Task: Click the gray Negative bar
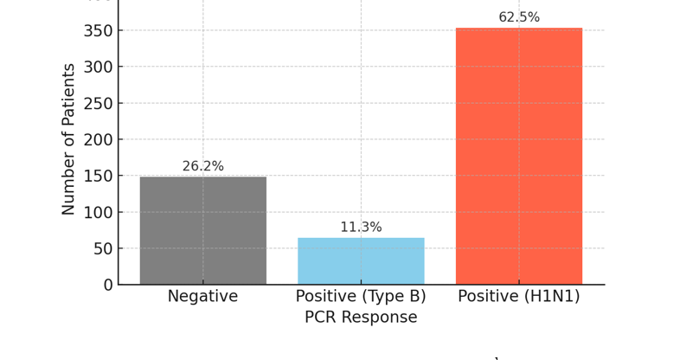[203, 230]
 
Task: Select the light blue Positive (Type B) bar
[361, 260]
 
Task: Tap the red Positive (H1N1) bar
[519, 156]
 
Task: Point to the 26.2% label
[203, 166]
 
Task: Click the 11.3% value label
[361, 228]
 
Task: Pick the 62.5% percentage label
[519, 17]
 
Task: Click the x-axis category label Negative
[203, 297]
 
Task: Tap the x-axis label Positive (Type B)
[361, 297]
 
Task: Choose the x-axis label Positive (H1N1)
[519, 297]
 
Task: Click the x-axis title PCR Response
[361, 318]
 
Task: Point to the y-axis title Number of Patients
[69, 138]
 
